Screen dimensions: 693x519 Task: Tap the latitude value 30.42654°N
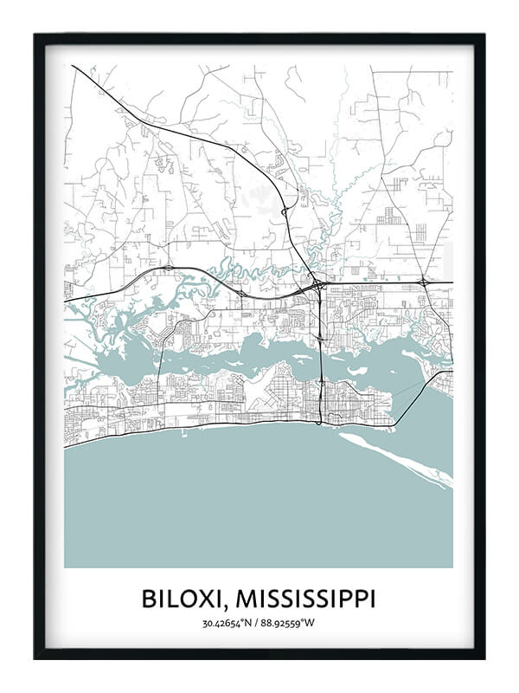point(229,623)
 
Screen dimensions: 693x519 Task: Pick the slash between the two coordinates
point(259,623)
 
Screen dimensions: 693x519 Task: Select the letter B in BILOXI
point(148,599)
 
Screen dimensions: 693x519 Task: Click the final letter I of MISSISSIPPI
point(372,599)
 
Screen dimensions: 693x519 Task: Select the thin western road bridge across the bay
point(158,364)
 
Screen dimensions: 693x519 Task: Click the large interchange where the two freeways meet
point(318,283)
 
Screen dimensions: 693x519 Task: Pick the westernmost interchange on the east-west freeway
point(167,269)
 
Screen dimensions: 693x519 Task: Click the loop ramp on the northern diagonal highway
point(282,206)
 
